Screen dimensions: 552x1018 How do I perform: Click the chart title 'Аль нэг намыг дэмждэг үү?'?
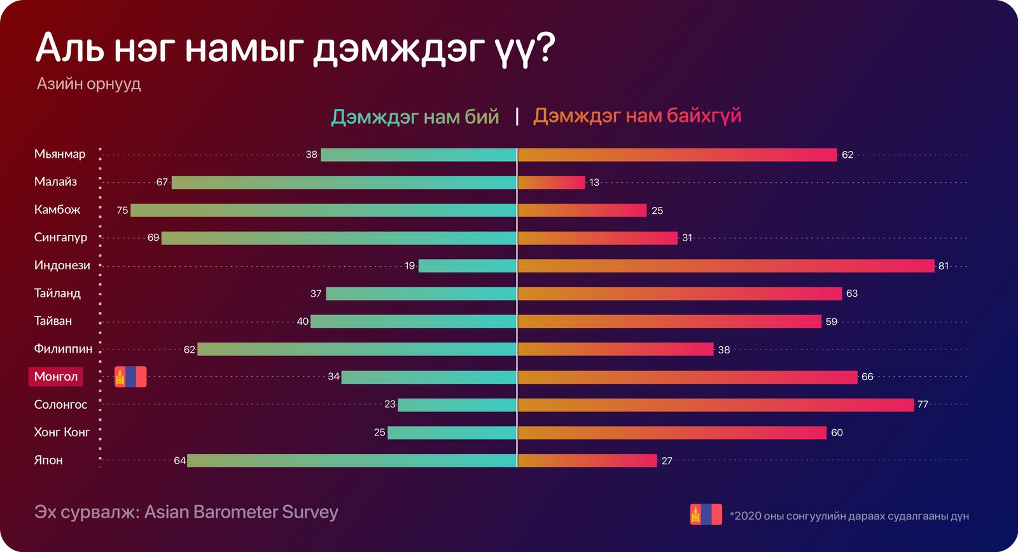click(x=295, y=48)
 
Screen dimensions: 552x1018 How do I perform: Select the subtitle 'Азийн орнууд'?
click(x=88, y=84)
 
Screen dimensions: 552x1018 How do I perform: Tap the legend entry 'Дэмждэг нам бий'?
click(x=415, y=117)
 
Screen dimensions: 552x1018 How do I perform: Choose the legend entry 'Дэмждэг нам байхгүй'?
click(x=637, y=116)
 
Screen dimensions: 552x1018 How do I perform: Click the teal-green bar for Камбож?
click(x=323, y=210)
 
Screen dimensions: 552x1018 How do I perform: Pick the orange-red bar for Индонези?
click(x=726, y=265)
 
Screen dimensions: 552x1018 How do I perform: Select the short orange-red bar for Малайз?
click(x=551, y=183)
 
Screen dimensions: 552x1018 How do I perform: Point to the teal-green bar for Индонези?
click(x=467, y=265)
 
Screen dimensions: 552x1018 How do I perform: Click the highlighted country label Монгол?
click(x=56, y=376)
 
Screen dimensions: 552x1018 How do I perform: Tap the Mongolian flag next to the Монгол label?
click(x=130, y=377)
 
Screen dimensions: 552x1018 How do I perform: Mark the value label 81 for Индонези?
click(x=944, y=266)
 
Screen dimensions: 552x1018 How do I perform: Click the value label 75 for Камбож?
click(x=122, y=210)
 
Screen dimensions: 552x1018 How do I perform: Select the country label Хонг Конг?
click(x=62, y=432)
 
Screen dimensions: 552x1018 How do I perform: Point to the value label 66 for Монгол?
click(x=867, y=377)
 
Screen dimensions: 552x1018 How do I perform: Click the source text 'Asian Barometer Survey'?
click(x=241, y=513)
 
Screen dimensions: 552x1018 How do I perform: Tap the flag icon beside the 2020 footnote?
click(x=706, y=514)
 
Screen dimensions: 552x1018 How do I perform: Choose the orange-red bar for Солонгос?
click(x=716, y=404)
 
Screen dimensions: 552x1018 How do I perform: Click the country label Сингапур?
click(x=60, y=237)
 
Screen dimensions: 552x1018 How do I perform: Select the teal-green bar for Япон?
click(x=351, y=460)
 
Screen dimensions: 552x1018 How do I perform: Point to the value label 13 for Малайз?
click(x=594, y=183)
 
